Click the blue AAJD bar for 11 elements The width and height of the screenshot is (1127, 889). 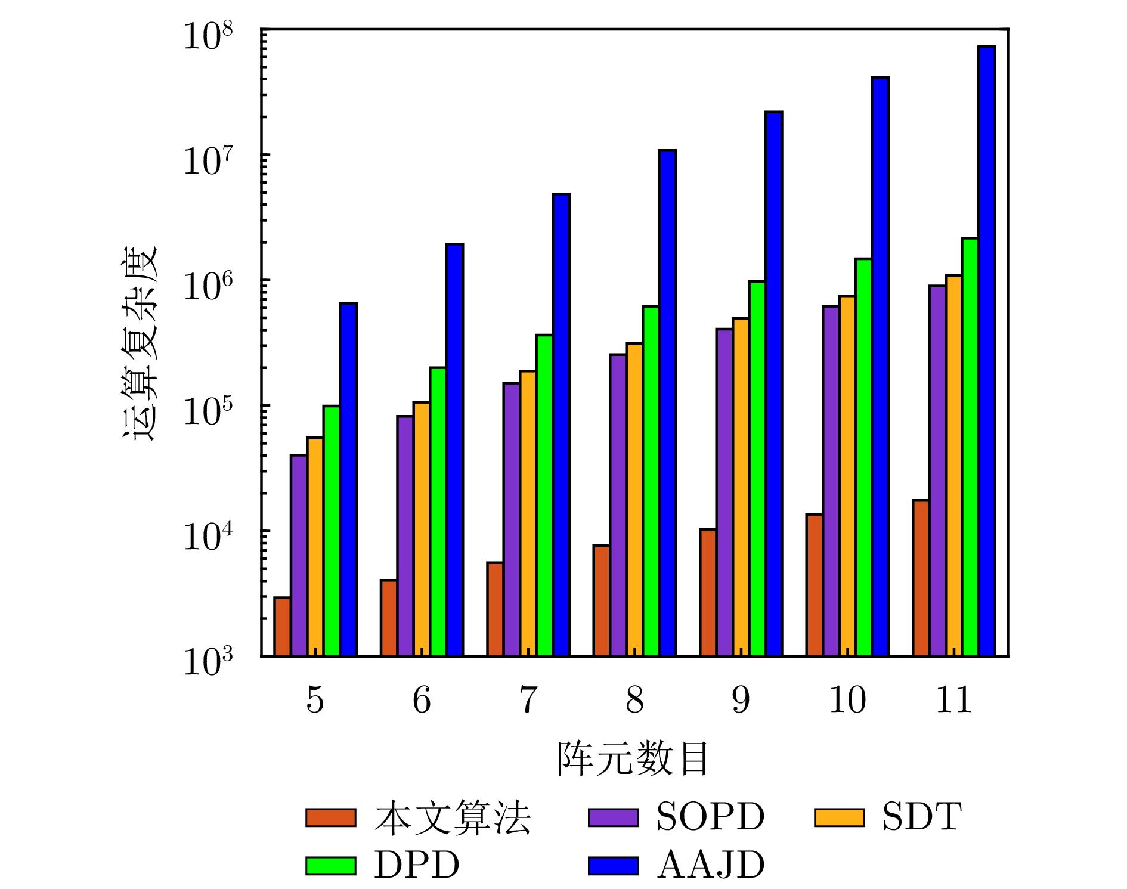[986, 352]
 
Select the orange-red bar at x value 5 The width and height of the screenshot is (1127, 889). [282, 627]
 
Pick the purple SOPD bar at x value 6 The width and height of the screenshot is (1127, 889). [405, 536]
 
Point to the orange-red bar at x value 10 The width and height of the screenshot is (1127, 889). [814, 585]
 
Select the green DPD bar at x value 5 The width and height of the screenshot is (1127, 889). [332, 531]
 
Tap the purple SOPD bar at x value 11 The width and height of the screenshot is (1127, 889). [937, 471]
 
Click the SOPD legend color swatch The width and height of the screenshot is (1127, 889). [613, 817]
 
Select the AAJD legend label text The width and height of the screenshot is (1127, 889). [711, 865]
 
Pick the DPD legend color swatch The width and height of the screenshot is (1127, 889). [331, 866]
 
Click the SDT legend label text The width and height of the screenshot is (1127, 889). [922, 817]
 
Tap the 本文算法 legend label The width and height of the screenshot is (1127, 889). [453, 817]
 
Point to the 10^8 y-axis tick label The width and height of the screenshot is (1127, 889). [207, 37]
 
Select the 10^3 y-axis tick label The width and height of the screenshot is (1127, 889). [207, 662]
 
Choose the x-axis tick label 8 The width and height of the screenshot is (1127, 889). [634, 700]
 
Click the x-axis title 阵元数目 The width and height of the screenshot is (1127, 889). [633, 759]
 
